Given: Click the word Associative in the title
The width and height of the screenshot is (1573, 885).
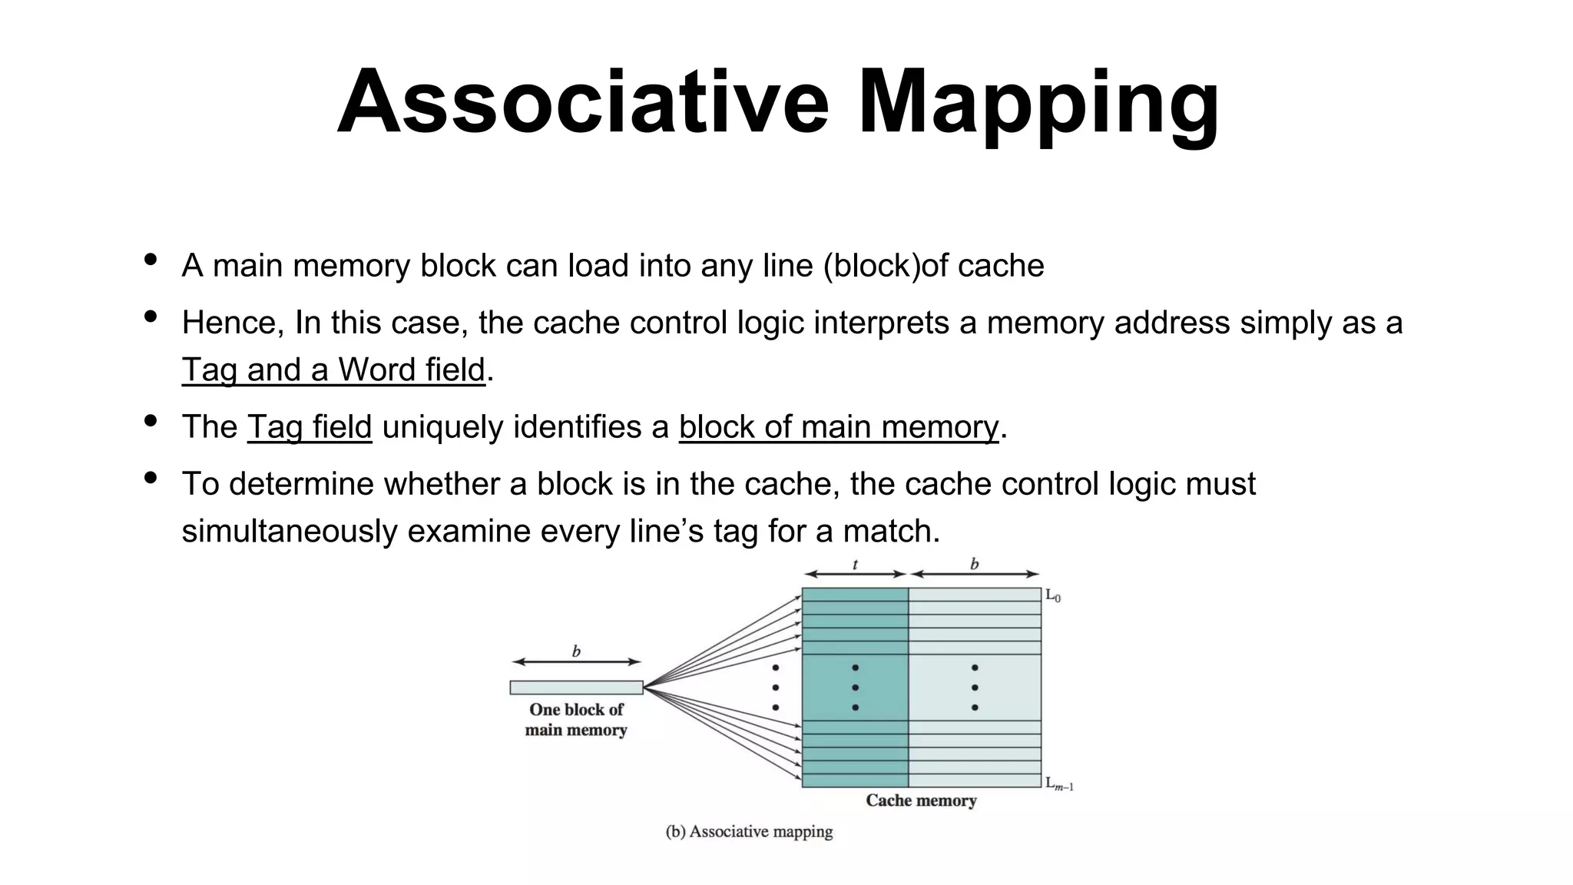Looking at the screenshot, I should pos(583,102).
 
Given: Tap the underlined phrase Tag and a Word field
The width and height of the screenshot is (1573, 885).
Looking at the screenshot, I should pos(333,370).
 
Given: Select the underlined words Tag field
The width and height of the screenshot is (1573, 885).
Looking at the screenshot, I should pos(310,427).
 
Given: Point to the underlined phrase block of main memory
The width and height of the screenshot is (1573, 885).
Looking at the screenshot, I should pos(838,427).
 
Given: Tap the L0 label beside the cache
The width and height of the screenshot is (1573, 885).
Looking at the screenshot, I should pos(1052,595).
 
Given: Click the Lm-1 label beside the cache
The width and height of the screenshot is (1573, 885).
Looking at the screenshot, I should pos(1059,784).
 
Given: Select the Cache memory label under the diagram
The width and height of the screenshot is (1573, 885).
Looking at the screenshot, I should pos(921,800).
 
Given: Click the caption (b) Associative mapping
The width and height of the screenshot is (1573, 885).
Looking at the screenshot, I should pos(749,831).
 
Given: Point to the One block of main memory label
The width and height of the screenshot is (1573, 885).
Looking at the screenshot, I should pos(576,720).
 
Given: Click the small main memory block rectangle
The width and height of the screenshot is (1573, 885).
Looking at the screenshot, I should pos(576,688).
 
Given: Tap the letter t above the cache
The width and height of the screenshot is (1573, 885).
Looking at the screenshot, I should pos(855,565).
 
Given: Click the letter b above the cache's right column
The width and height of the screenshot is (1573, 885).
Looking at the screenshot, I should pos(974,565).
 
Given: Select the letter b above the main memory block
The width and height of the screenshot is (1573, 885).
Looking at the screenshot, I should pos(576,652).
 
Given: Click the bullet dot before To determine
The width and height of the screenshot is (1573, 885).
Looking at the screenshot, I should pos(151,478).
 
